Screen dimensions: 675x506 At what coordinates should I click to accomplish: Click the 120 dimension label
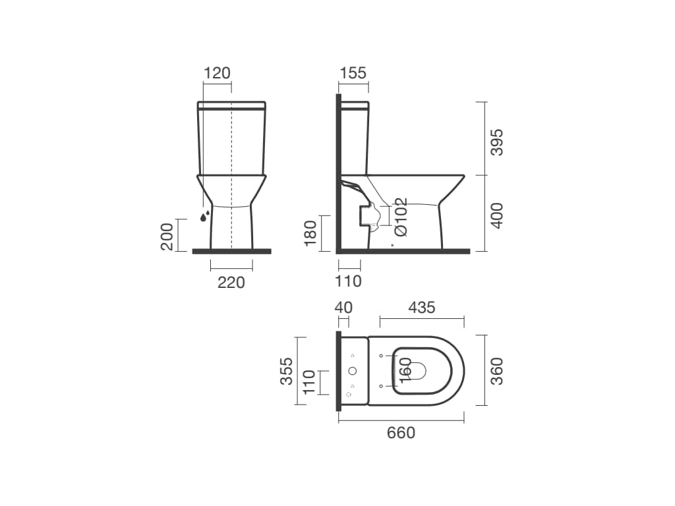tap(217, 73)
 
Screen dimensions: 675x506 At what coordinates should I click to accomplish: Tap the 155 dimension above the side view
tap(353, 73)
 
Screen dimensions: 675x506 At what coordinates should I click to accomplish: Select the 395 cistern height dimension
tap(497, 142)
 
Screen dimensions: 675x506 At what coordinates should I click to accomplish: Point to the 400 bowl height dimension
tap(497, 215)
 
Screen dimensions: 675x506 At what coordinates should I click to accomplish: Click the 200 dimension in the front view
tap(167, 237)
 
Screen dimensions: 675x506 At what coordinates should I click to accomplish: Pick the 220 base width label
tap(231, 283)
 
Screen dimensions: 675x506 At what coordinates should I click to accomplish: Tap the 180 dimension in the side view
tap(310, 233)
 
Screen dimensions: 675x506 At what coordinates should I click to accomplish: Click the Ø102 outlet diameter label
tap(401, 217)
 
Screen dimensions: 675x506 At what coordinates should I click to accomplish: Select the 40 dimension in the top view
tap(343, 307)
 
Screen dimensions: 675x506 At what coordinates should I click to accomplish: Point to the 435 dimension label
tap(422, 307)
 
